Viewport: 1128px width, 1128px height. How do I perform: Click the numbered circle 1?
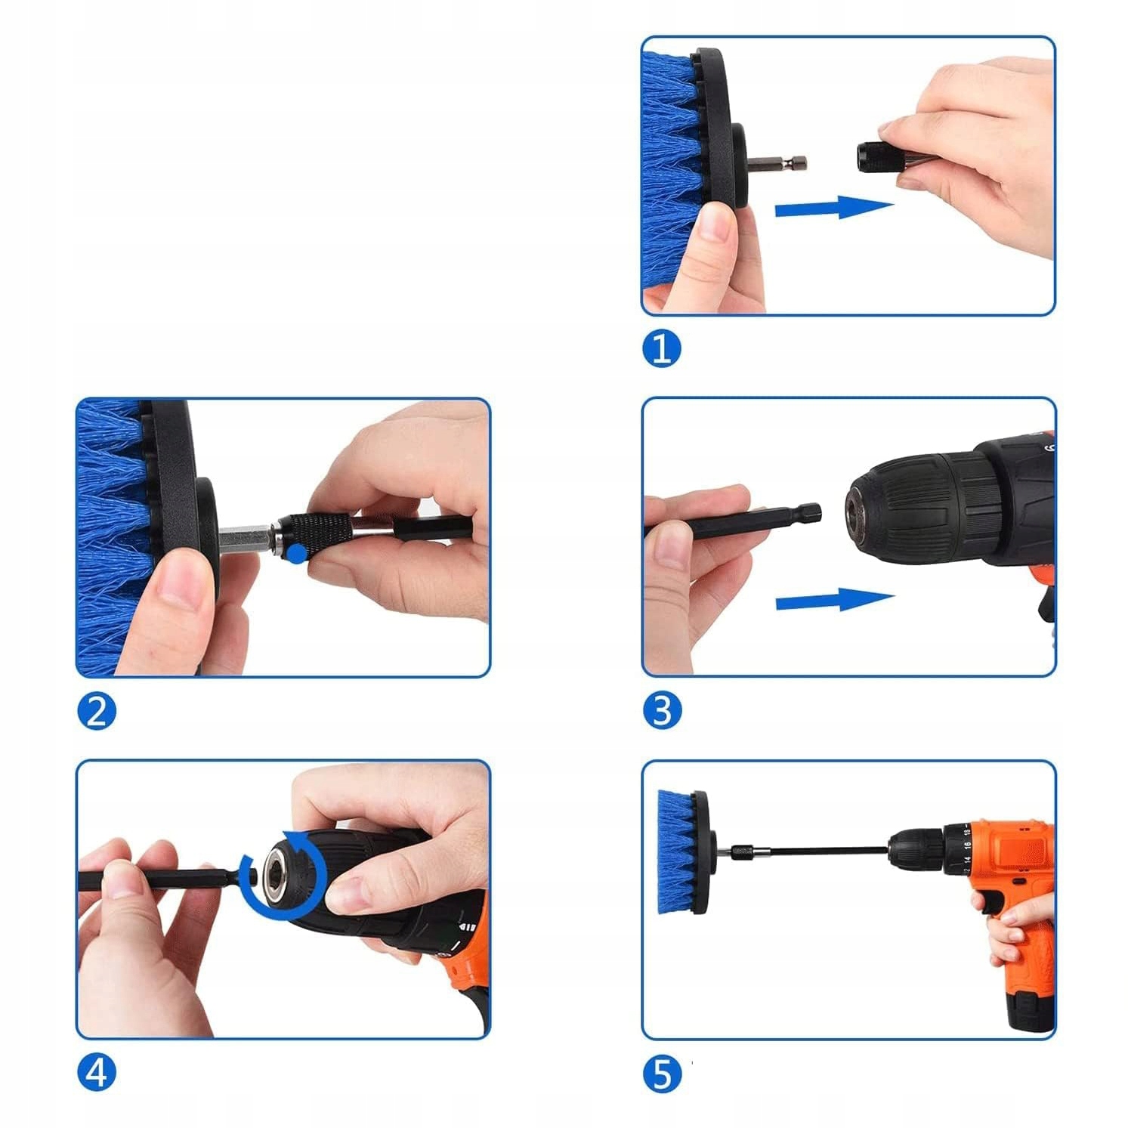[x=661, y=349]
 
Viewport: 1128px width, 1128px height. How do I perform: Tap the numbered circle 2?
[x=97, y=712]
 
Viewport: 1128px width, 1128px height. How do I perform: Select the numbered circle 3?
[x=662, y=710]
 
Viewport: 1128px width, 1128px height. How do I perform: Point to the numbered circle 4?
[x=97, y=1073]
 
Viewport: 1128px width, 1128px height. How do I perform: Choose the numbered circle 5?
[x=662, y=1074]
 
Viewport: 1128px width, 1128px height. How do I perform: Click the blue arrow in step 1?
[x=834, y=207]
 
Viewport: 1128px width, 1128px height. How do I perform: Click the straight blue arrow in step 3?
[x=835, y=601]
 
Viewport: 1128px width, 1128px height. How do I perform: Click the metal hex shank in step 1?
[x=778, y=162]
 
